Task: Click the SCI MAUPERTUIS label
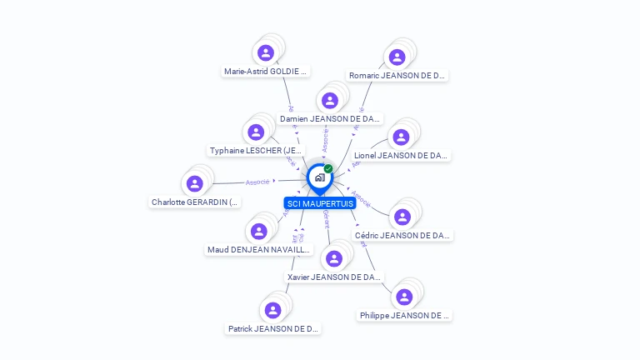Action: (x=319, y=203)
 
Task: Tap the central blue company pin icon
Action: (x=319, y=177)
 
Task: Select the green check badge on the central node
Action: (x=328, y=169)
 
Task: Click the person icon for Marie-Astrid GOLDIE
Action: (x=266, y=53)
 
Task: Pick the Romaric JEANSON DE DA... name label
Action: (x=397, y=76)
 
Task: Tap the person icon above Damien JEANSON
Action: (x=330, y=101)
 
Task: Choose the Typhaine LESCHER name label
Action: (x=257, y=151)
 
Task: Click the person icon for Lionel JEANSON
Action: (x=401, y=137)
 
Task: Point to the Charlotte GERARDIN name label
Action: (x=195, y=202)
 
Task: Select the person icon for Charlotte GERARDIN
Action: (x=195, y=183)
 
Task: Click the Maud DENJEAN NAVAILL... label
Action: (x=259, y=250)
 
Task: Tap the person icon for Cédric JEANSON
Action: (x=402, y=217)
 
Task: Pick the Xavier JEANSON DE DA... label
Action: (x=334, y=277)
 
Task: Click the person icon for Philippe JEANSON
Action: (x=404, y=297)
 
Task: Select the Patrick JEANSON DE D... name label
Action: (x=273, y=329)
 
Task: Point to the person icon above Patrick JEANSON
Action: (x=272, y=310)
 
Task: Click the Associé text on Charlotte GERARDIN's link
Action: (x=257, y=182)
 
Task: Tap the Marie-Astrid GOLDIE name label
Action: (x=266, y=72)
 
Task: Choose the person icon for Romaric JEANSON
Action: (x=397, y=57)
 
